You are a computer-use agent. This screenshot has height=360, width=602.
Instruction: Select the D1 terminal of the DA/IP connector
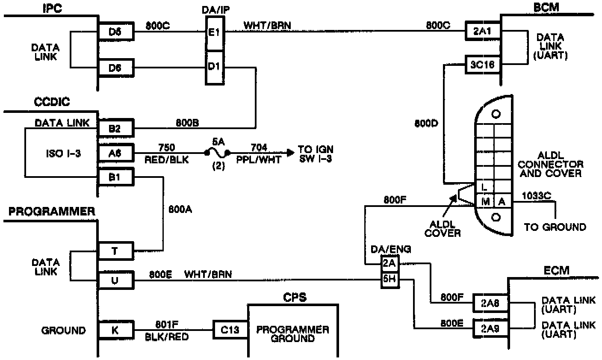point(213,67)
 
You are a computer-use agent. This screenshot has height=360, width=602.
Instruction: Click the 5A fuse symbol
point(218,152)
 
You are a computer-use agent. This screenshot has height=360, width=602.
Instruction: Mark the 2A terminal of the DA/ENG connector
point(390,264)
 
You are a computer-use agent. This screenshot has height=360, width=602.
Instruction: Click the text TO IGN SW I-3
point(316,154)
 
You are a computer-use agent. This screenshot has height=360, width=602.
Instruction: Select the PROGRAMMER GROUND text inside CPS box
point(293,334)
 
